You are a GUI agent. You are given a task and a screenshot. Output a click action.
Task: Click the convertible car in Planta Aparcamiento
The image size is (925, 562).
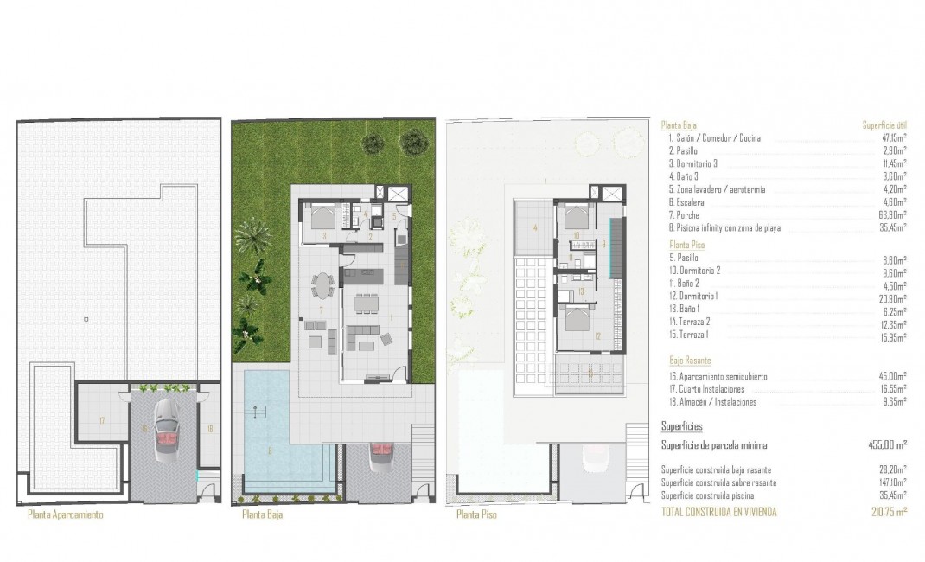tap(163, 430)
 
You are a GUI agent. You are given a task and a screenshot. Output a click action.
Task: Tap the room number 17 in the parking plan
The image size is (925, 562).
tap(102, 420)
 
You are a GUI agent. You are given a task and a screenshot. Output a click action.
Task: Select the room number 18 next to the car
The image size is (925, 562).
tap(209, 427)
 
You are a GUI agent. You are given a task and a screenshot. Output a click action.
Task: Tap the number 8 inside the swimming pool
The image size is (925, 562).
tap(271, 450)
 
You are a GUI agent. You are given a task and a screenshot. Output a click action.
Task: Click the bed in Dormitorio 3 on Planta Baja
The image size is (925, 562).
tap(320, 216)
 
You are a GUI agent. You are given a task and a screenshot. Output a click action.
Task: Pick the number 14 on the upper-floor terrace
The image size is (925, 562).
tap(535, 228)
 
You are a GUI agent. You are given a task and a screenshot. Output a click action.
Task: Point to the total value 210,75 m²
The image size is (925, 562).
tap(887, 512)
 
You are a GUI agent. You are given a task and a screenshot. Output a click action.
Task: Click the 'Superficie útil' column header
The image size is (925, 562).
tap(884, 125)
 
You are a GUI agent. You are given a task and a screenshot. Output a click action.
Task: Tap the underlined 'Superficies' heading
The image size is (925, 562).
tap(681, 426)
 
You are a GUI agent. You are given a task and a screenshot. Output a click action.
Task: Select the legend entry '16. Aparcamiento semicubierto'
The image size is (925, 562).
tap(718, 377)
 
